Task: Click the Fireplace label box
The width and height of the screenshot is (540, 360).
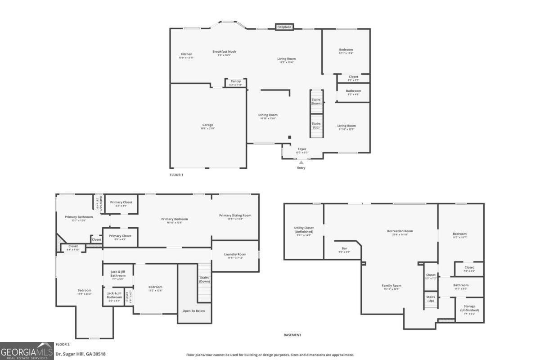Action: (x=284, y=27)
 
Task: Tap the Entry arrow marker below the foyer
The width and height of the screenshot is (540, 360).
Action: (x=301, y=162)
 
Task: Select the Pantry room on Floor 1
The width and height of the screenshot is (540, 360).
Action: (x=236, y=83)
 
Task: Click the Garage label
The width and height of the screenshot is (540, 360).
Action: (x=207, y=125)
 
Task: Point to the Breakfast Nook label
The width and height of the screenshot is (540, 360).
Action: (x=224, y=52)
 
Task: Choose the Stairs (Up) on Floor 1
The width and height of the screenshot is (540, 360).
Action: (x=316, y=126)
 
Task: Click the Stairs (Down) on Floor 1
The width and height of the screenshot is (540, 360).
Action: (x=316, y=102)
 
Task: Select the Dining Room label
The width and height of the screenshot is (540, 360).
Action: (x=268, y=115)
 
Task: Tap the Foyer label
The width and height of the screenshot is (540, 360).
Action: (x=301, y=149)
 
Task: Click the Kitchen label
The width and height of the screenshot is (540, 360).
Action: (x=186, y=54)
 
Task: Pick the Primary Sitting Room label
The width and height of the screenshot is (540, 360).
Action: (x=235, y=216)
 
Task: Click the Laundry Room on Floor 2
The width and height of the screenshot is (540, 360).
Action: (x=235, y=256)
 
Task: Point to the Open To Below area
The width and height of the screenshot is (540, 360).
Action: (x=194, y=310)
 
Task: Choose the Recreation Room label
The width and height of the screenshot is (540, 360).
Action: (x=400, y=231)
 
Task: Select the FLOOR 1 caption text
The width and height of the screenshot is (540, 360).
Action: (x=176, y=175)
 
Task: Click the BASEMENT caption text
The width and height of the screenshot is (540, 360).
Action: (x=292, y=335)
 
